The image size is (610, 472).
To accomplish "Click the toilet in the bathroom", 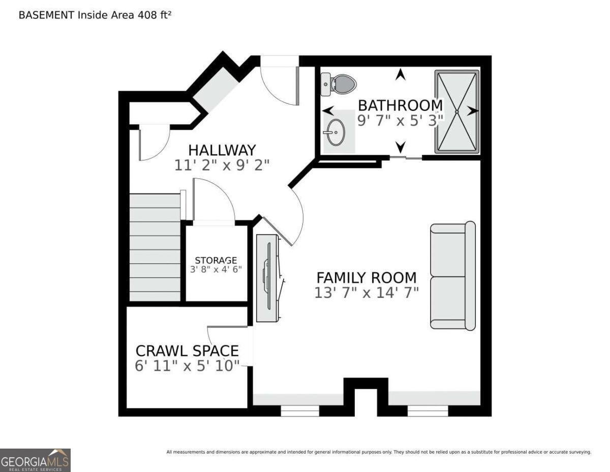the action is (339, 84).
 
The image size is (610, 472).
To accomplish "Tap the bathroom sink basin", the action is (335, 132).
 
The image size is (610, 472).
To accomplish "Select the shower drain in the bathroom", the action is (456, 112).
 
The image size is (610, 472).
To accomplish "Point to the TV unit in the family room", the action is (269, 277).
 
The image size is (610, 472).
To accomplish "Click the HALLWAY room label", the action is (222, 150).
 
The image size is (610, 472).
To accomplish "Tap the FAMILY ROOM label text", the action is (367, 277).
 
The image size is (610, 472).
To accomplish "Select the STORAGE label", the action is (216, 260).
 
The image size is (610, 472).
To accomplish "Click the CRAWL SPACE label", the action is (187, 351).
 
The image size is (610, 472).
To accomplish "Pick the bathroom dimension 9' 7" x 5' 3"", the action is (400, 121).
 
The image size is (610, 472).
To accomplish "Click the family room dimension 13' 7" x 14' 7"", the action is (367, 293).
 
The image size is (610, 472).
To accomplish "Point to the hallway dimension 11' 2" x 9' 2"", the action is (222, 165).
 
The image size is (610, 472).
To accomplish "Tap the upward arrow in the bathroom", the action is (401, 74).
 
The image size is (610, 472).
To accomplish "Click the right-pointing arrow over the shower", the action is (473, 111).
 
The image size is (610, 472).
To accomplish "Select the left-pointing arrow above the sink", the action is (328, 110).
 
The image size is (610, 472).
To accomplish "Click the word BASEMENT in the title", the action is (46, 15).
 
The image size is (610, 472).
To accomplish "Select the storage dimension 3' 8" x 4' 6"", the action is (216, 269).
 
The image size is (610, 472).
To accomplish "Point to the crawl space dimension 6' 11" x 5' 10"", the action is (187, 366).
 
